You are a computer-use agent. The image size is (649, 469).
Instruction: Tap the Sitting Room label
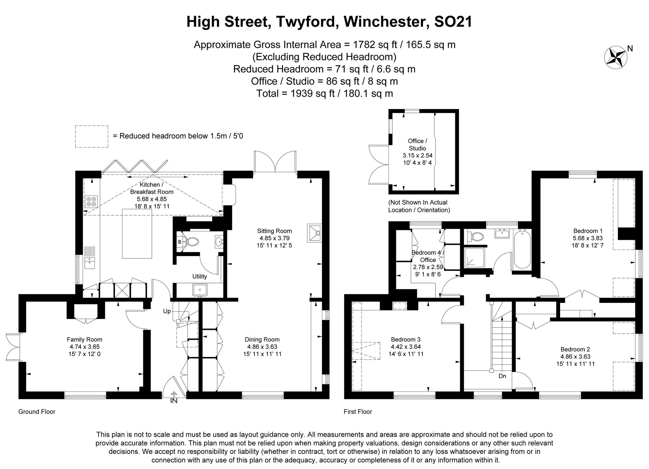pyautogui.click(x=274, y=231)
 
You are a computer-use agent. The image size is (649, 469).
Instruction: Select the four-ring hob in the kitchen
pyautogui.click(x=91, y=202)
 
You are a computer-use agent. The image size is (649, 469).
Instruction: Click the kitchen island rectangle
pyautogui.click(x=137, y=234)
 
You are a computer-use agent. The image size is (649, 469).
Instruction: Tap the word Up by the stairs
pyautogui.click(x=167, y=311)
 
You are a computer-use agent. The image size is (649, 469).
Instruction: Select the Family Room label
pyautogui.click(x=84, y=339)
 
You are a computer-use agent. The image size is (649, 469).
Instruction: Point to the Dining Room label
pyautogui.click(x=262, y=339)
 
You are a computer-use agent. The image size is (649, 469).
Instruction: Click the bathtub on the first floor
pyautogui.click(x=522, y=249)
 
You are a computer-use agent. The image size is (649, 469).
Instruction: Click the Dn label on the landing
pyautogui.click(x=502, y=376)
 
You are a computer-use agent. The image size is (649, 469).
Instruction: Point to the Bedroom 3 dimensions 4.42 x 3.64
pyautogui.click(x=406, y=347)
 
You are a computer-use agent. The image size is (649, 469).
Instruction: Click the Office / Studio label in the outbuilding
pyautogui.click(x=417, y=144)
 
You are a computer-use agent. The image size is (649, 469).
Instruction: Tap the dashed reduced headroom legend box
pyautogui.click(x=92, y=137)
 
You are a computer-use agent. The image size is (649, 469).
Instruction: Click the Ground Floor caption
pyautogui.click(x=37, y=412)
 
